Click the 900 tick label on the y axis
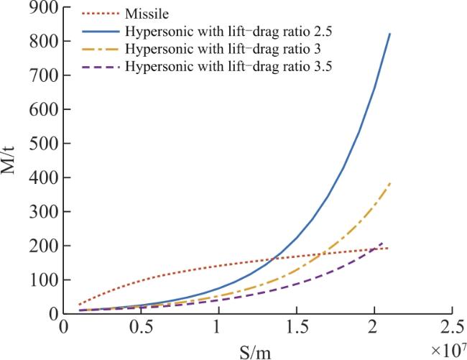[x=44, y=8]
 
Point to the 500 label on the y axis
[x=44, y=143]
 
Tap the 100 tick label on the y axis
[x=44, y=280]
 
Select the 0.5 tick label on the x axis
[x=141, y=327]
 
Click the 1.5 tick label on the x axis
[x=296, y=327]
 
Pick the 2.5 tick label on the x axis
[x=451, y=327]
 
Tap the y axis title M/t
[x=8, y=160]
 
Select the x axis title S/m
[x=255, y=353]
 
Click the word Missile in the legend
[x=147, y=14]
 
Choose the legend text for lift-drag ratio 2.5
[x=228, y=32]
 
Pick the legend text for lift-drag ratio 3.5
[x=228, y=66]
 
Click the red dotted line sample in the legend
[x=101, y=14]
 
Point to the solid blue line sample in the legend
[x=101, y=31]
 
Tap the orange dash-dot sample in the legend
[x=101, y=49]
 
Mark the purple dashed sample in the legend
[x=101, y=67]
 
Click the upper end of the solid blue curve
[x=389, y=34]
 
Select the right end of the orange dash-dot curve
[x=390, y=183]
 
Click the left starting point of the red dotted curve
[x=79, y=305]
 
